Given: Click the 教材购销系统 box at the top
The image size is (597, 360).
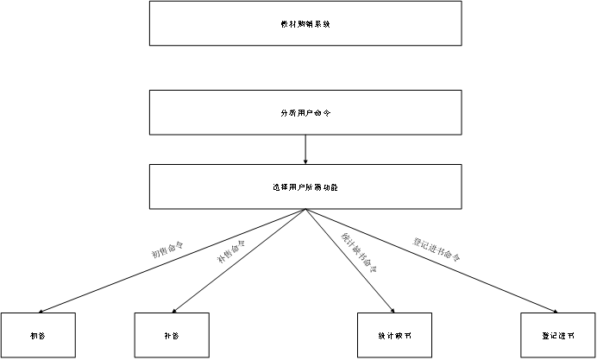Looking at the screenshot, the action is (x=305, y=23).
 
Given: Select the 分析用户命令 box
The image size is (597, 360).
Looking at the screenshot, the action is (x=305, y=113).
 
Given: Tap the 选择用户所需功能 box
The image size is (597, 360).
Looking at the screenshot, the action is (x=305, y=186).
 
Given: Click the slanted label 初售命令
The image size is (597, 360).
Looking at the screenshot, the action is (x=168, y=249).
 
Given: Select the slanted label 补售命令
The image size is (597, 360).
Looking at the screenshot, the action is (x=231, y=251).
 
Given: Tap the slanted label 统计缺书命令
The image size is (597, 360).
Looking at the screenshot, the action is (x=360, y=253).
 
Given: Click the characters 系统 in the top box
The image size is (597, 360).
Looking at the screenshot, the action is (x=323, y=24).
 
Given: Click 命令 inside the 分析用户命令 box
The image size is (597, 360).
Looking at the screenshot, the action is (x=323, y=113).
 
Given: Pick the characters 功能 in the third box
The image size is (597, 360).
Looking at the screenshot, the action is (x=330, y=186).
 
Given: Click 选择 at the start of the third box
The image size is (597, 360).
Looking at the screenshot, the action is (x=277, y=186).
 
